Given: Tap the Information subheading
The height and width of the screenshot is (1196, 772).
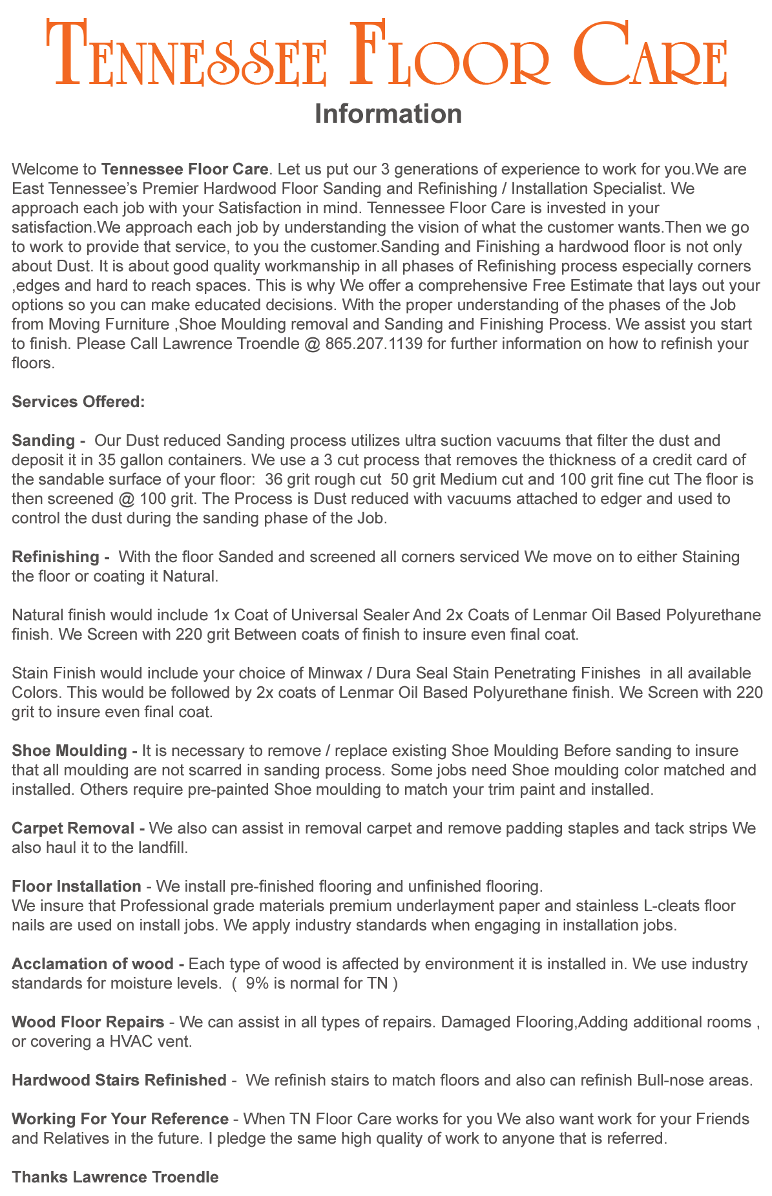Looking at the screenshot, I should click(388, 114).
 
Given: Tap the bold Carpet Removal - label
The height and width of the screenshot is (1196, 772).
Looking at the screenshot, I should click(79, 828).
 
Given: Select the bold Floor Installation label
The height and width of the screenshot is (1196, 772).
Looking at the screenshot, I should click(76, 886).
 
